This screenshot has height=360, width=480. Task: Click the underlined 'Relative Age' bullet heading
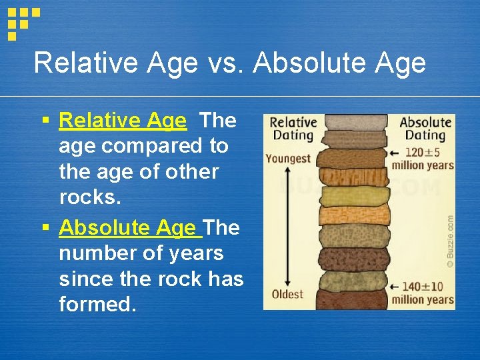123,121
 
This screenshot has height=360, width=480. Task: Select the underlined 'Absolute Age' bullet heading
130,227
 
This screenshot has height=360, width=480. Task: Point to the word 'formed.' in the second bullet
97,305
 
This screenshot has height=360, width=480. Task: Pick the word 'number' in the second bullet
93,253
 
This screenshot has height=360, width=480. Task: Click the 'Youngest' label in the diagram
287,159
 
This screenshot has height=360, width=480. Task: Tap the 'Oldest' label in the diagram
287,294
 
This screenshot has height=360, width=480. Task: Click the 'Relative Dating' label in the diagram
291,129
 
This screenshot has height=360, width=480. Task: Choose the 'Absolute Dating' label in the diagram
425,129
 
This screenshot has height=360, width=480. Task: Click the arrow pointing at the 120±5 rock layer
395,152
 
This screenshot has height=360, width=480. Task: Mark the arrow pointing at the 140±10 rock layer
395,287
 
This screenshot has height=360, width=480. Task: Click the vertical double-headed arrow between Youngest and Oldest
287,227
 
